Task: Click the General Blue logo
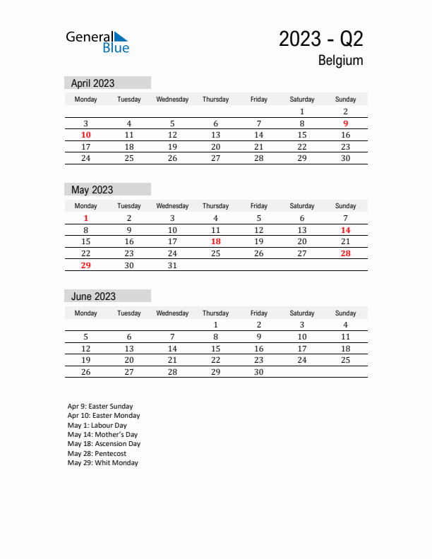(97, 42)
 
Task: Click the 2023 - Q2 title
(320, 39)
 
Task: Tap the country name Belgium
(340, 61)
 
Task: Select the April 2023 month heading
(92, 83)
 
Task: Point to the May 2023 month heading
(92, 190)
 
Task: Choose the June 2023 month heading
(92, 296)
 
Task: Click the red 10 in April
(86, 135)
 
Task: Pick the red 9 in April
(345, 123)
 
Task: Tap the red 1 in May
(86, 218)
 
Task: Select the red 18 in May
(215, 241)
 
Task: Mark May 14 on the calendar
(345, 230)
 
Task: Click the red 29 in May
(86, 265)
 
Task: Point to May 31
(172, 265)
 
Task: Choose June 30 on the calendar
(258, 372)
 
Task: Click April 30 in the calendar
(345, 158)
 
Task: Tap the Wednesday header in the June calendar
(172, 313)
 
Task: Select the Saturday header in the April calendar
(302, 100)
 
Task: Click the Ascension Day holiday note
(104, 444)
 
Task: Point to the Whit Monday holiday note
(102, 463)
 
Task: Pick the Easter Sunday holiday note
(100, 407)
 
